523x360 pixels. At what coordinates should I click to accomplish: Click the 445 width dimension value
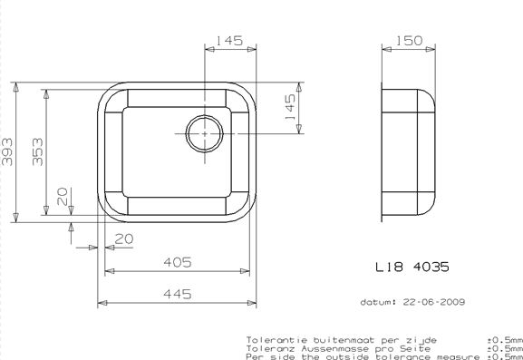coord(178,294)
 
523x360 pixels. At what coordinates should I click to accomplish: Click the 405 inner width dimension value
coord(178,262)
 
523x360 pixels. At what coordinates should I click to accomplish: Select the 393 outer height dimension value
coord(7,151)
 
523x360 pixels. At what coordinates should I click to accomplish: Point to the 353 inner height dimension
coord(38,151)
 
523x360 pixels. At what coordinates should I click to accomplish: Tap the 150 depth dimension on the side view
coord(409,41)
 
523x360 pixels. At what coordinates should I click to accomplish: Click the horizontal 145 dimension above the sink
coord(229,41)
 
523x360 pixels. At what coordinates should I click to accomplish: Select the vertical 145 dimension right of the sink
coord(290,107)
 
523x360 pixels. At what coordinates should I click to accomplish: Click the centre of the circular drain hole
coord(204,133)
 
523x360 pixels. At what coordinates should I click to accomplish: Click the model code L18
coord(389,267)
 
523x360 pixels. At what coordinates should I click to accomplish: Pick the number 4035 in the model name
coord(431,267)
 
